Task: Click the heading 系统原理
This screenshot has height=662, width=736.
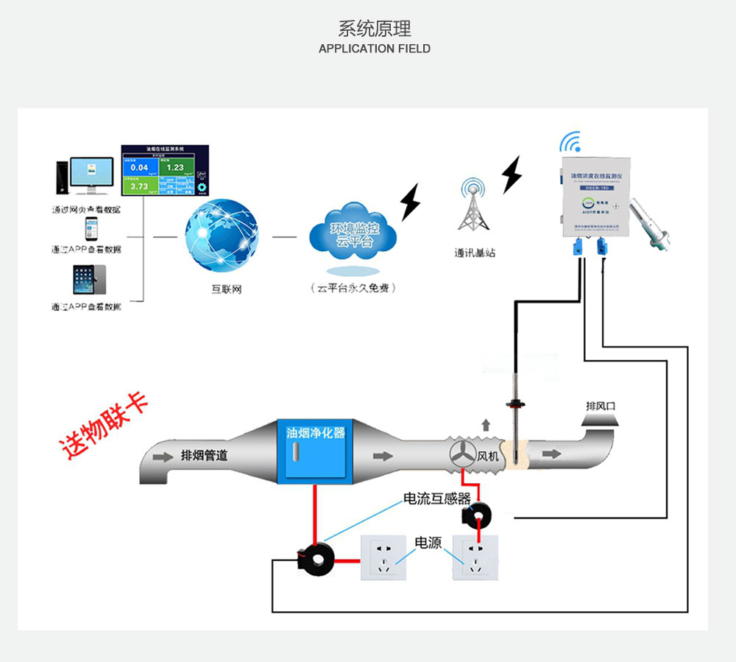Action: (x=375, y=29)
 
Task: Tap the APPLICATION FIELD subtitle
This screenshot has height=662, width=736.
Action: (x=375, y=49)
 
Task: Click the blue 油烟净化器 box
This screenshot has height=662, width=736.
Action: (x=315, y=451)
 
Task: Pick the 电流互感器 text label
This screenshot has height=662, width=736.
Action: (x=436, y=499)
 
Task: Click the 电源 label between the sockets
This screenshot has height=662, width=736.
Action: (x=428, y=543)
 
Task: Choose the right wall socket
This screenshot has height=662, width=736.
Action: (x=476, y=557)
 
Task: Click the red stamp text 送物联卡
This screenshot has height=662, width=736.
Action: (x=103, y=425)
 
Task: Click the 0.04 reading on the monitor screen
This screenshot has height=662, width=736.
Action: (x=139, y=168)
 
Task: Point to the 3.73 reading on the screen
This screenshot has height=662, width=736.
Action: (x=139, y=186)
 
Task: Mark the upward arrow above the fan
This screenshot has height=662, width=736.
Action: (x=485, y=424)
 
